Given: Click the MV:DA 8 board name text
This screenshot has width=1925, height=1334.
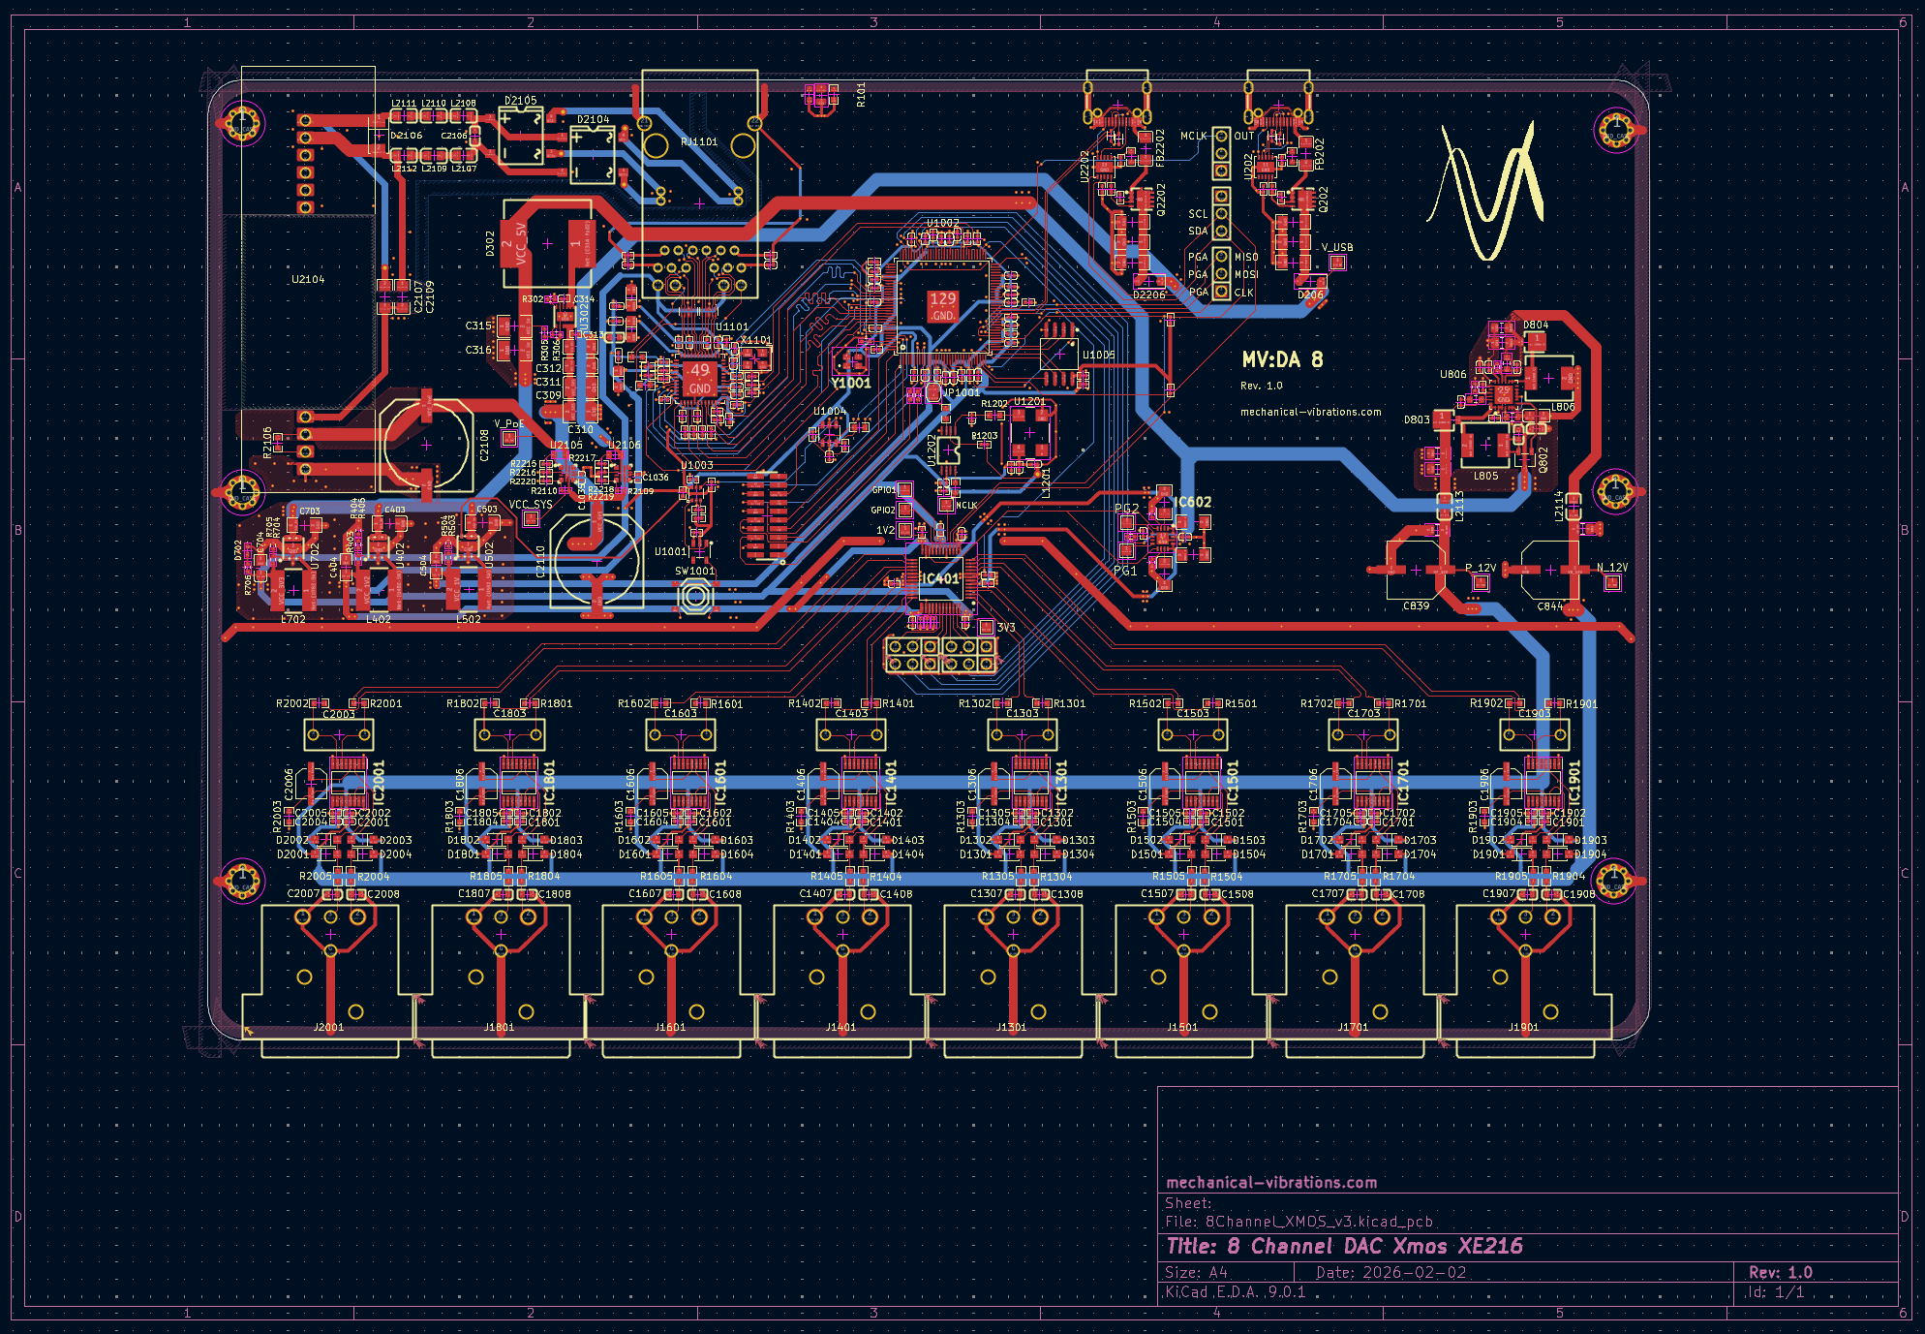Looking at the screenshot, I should [1281, 360].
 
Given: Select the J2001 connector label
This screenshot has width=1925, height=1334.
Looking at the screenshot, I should [328, 1027].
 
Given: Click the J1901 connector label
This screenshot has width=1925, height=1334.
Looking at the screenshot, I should [1523, 1027].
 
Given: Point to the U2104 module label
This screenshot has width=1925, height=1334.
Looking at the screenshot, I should [308, 279].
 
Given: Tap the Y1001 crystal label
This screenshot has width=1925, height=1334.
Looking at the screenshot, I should [851, 383].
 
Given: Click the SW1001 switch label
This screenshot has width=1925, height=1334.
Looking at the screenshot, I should [695, 571].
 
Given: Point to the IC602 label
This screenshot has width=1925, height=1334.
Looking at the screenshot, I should [1192, 502].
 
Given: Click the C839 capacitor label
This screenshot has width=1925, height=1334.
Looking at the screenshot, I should [1416, 605].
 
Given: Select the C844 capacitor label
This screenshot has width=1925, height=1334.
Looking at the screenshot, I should [1549, 605].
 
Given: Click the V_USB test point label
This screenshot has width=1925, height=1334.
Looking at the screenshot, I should [1337, 247].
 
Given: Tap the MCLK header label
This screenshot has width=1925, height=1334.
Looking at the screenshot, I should [1193, 136].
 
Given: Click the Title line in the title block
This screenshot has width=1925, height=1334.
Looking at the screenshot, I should [1344, 1246].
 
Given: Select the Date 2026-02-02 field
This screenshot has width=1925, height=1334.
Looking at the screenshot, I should [1390, 1272].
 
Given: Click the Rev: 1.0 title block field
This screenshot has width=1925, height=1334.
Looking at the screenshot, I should [1780, 1272].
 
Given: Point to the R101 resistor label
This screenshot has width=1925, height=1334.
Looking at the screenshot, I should [861, 94].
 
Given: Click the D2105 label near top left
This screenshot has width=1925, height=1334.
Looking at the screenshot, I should [520, 100].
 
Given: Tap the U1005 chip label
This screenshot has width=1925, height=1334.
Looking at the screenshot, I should [1098, 355].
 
